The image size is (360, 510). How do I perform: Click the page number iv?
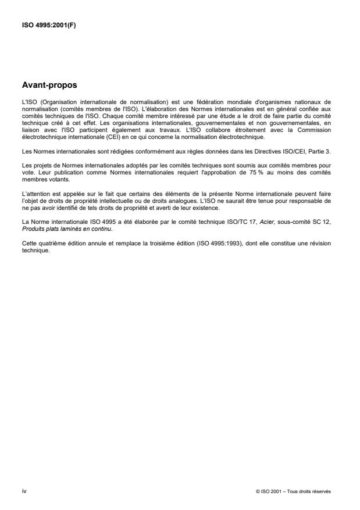point(24,491)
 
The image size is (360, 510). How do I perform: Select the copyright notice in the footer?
point(293,491)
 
